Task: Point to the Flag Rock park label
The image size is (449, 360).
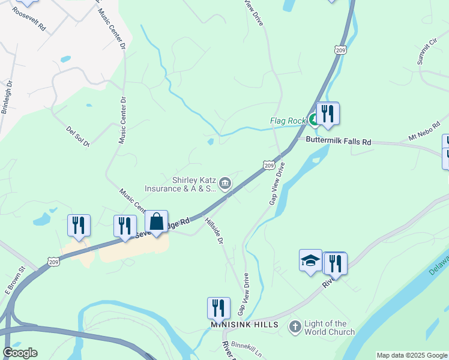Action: click(288, 121)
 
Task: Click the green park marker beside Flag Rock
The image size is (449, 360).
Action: click(313, 120)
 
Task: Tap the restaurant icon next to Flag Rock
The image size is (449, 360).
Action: click(328, 113)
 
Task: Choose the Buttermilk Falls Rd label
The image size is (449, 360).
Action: click(339, 142)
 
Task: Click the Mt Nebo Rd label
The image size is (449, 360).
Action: click(424, 130)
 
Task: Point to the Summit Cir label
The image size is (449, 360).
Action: click(426, 53)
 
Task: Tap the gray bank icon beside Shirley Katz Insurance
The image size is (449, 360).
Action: click(225, 183)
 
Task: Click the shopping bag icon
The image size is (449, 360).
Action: click(156, 222)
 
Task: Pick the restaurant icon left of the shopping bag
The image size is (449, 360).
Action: click(125, 226)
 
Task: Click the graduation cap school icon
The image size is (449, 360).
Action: click(310, 260)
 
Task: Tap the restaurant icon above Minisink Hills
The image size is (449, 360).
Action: click(218, 308)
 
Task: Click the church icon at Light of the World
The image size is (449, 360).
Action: click(295, 327)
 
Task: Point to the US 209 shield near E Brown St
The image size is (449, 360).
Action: click(52, 262)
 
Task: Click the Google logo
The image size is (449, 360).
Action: click(20, 353)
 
